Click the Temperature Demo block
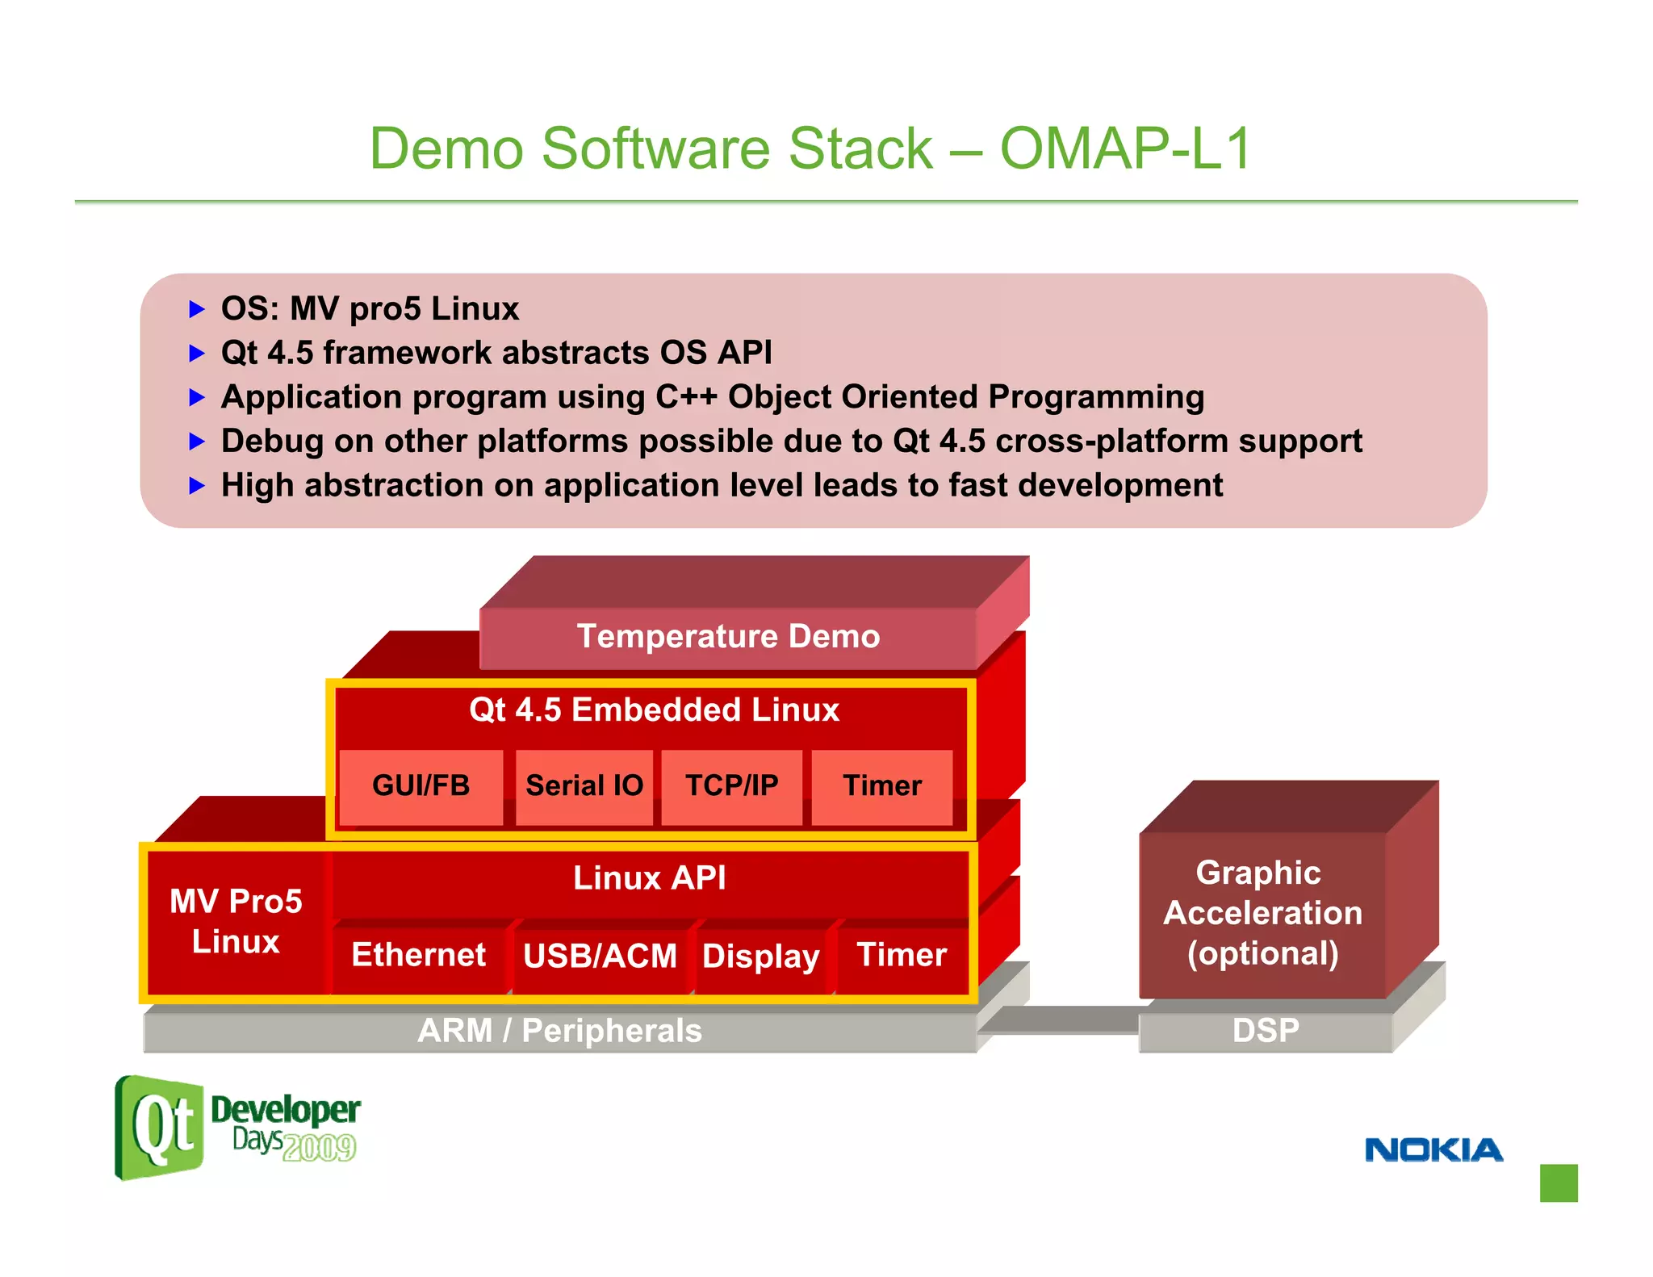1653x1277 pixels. point(727,637)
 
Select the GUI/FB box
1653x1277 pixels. point(421,786)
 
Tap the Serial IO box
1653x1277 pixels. point(584,786)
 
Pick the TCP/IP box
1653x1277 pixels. point(731,786)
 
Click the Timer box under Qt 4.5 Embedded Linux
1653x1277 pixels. point(881,786)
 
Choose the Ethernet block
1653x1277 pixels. point(418,956)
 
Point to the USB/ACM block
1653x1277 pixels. point(600,957)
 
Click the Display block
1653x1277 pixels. point(760,957)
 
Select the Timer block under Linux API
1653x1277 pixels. point(901,956)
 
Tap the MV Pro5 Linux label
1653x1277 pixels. point(236,922)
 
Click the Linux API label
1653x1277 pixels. point(649,878)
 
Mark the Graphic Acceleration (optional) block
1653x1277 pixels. point(1262,914)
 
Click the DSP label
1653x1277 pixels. point(1265,1032)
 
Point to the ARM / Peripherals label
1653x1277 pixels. point(559,1032)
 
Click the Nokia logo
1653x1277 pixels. point(1433,1150)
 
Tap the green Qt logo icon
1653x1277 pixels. point(160,1128)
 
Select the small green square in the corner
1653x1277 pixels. point(1558,1183)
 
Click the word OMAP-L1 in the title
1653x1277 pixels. point(1125,149)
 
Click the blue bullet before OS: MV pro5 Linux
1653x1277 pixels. point(197,309)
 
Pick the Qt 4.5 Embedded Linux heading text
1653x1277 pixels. point(654,710)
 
